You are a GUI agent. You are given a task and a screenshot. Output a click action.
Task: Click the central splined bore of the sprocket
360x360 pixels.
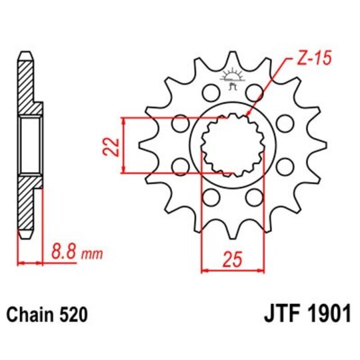tap(233, 144)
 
